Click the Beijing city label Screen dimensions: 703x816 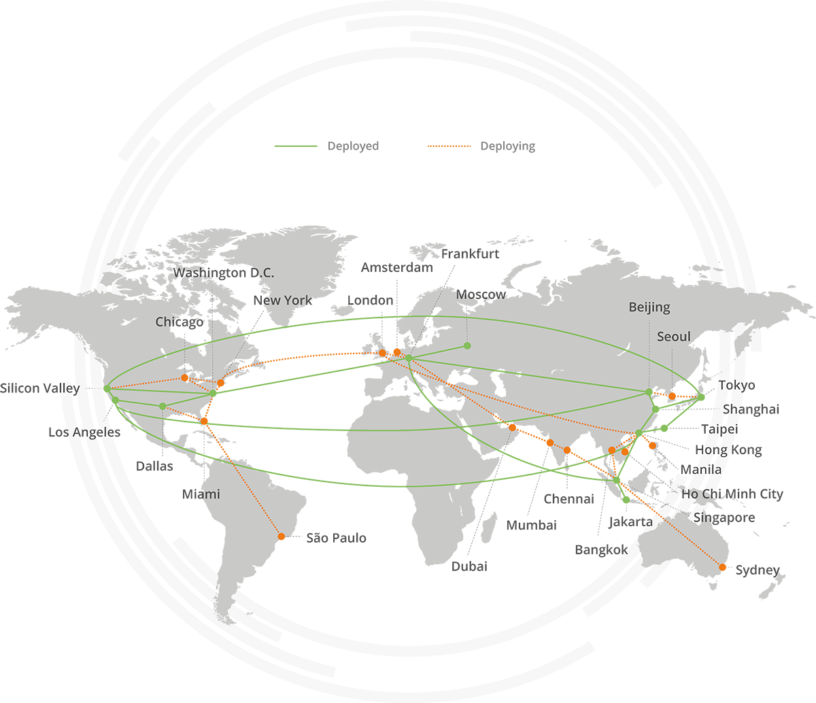(649, 307)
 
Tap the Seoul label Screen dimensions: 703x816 (673, 337)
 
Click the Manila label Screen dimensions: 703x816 (703, 470)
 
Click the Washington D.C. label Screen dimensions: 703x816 (224, 273)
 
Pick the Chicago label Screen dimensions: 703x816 (179, 322)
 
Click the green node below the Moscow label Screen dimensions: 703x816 (467, 346)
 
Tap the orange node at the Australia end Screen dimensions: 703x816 (722, 566)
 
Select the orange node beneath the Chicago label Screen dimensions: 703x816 (185, 377)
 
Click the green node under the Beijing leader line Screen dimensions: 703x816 (649, 392)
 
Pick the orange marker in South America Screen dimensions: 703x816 (282, 539)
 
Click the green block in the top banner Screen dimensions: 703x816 (286, 136)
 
